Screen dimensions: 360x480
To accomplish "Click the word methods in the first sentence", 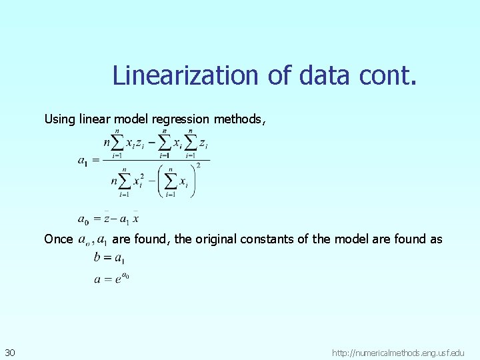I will (x=240, y=119).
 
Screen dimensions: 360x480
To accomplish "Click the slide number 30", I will (x=11, y=351).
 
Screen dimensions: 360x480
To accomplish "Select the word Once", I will (x=58, y=239).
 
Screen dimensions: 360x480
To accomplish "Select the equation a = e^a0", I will (x=111, y=279).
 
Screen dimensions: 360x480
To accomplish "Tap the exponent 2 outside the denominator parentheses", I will (x=197, y=165).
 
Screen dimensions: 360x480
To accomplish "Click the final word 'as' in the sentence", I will (x=436, y=239).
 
